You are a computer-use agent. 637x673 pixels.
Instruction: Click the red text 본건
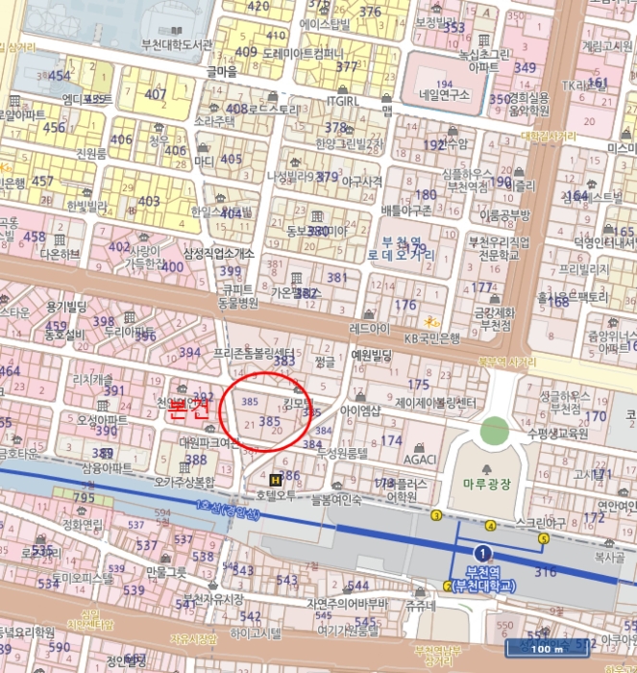pyautogui.click(x=188, y=409)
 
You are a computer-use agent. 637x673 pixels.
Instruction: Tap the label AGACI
pyautogui.click(x=420, y=446)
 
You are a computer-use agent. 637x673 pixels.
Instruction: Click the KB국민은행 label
pyautogui.click(x=433, y=337)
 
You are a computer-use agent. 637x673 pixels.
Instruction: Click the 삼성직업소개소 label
pyautogui.click(x=218, y=254)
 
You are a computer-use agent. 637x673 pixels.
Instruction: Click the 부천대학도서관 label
pyautogui.click(x=177, y=44)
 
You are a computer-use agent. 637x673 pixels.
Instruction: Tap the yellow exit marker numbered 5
pyautogui.click(x=542, y=538)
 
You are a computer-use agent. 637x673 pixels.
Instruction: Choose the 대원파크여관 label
pyautogui.click(x=209, y=443)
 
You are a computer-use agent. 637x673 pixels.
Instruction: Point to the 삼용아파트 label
pyautogui.click(x=107, y=467)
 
